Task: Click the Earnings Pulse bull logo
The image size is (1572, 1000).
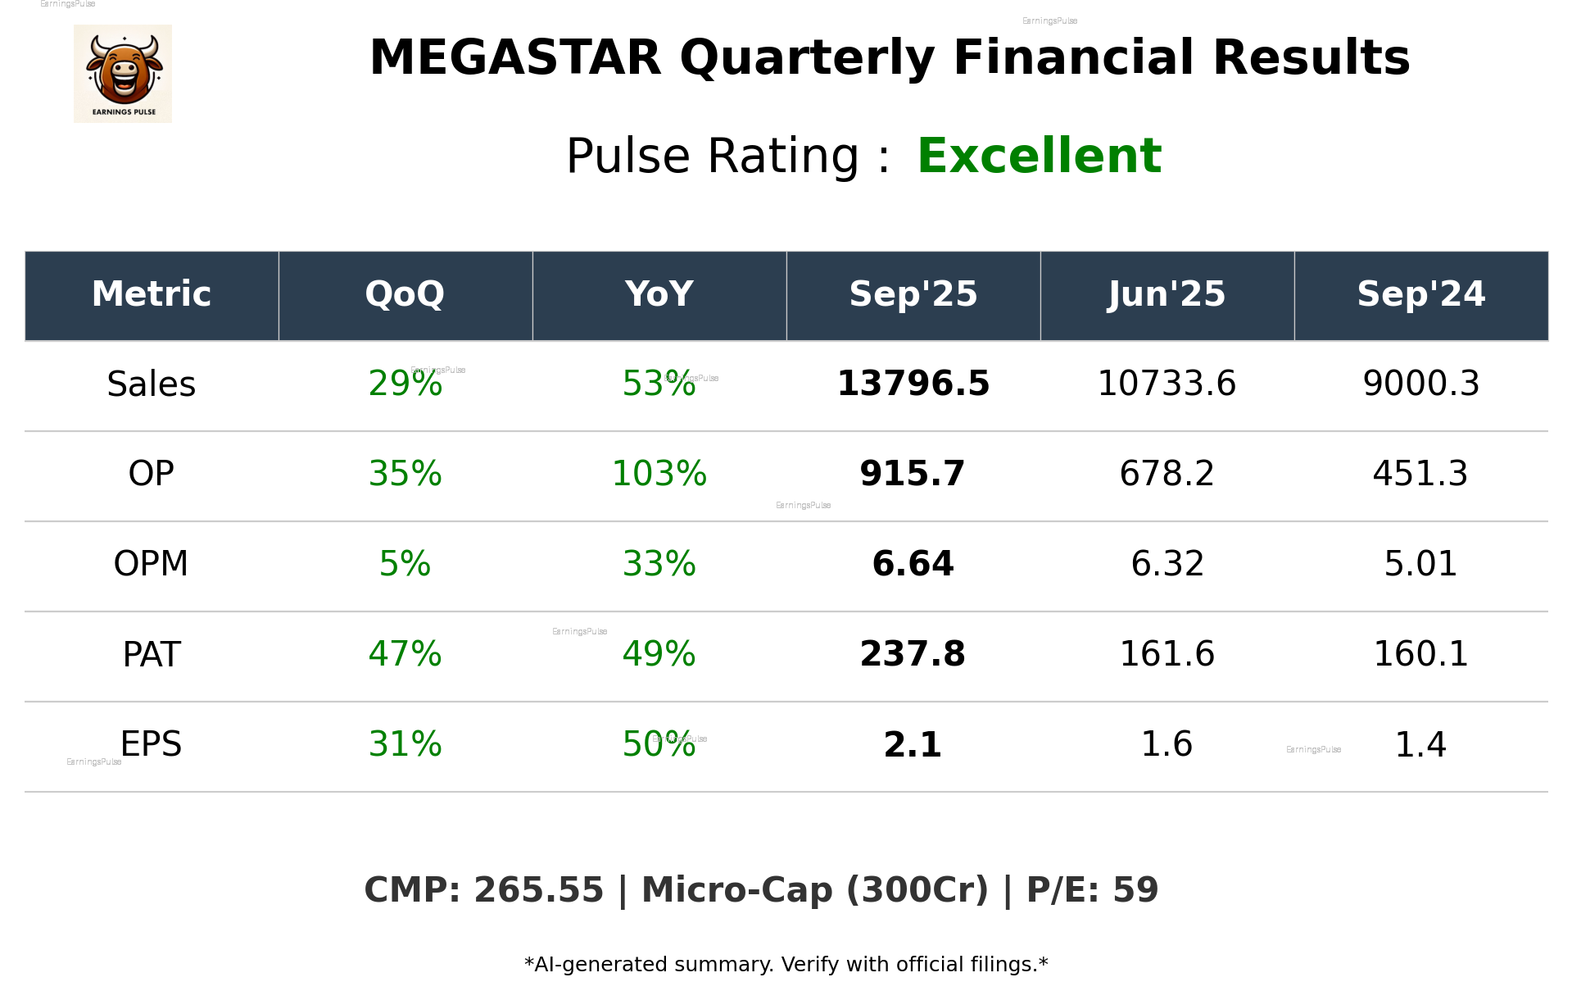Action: (123, 74)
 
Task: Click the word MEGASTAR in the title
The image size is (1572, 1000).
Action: (514, 58)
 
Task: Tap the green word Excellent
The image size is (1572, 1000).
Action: (1039, 156)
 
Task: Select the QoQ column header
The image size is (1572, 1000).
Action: (405, 294)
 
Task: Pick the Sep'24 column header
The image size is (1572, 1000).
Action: (1420, 294)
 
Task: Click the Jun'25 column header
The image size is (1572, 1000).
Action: (1167, 294)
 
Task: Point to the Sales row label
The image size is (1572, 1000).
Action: (152, 384)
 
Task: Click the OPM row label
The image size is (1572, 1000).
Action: (152, 564)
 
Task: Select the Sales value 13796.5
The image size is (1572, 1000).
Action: (913, 384)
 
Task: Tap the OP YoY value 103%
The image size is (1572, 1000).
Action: (659, 474)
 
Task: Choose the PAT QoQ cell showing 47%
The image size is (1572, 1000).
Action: (405, 654)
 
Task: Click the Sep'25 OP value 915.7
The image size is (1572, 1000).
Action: (913, 474)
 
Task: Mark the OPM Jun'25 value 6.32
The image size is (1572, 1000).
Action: (1167, 564)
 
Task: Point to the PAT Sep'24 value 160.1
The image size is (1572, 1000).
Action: (1420, 654)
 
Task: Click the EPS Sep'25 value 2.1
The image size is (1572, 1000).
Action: (913, 744)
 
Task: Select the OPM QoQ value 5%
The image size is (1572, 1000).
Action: (405, 564)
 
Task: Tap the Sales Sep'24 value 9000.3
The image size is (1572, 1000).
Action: (1420, 384)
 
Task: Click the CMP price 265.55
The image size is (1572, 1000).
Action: (538, 891)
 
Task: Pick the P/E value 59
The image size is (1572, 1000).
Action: (1135, 891)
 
